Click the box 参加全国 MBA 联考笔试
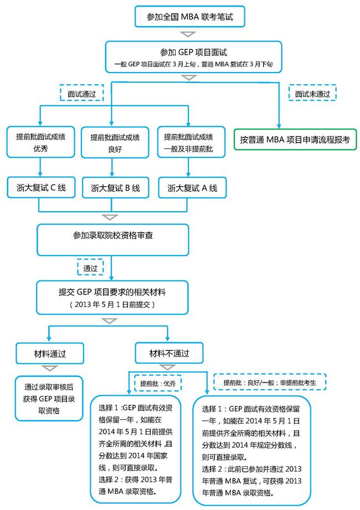(190, 16)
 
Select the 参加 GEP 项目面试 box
(193, 57)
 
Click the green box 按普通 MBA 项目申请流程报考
(295, 140)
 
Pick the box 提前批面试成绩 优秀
(40, 142)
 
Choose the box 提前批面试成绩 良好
(115, 142)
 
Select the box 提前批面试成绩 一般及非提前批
(192, 142)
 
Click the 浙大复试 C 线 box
(41, 187)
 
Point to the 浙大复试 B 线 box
(115, 187)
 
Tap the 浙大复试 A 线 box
(192, 187)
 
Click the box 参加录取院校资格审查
(113, 239)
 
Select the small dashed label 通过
(90, 267)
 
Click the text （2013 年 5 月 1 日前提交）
(112, 304)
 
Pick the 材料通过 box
(50, 353)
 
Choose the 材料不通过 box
(169, 353)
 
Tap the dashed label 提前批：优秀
(158, 384)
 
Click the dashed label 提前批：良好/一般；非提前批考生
(270, 382)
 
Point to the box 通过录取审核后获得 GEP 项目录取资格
(49, 399)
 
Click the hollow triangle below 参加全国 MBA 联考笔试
(188, 34)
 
